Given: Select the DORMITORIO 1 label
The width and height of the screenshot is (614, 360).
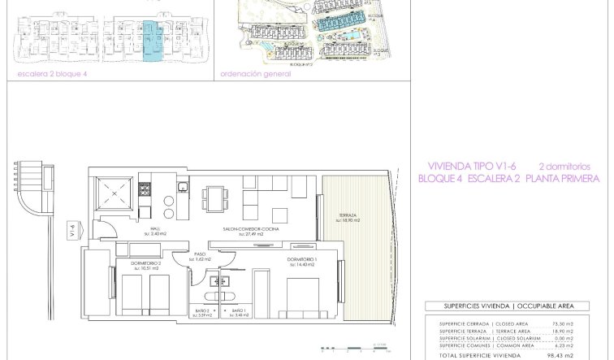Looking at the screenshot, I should click(x=301, y=260).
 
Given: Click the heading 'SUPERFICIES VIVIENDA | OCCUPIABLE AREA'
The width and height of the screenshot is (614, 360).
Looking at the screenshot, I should click(x=508, y=306).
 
